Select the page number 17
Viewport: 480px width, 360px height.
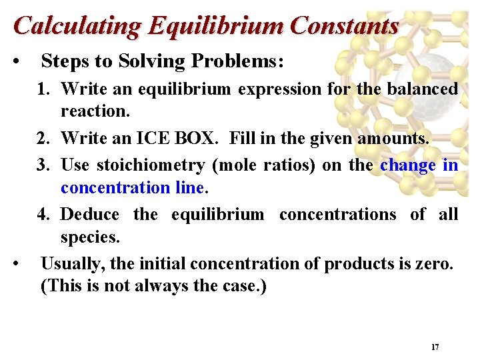[x=435, y=347]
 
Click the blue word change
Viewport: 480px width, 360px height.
[x=408, y=165]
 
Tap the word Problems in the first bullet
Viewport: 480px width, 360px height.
[x=238, y=62]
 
